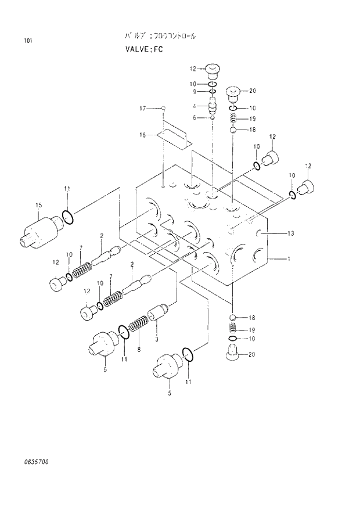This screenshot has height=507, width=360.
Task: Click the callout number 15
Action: pyautogui.click(x=38, y=205)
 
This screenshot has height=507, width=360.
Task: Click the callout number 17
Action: pyautogui.click(x=142, y=108)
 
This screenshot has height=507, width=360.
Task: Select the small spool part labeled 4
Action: pyautogui.click(x=213, y=106)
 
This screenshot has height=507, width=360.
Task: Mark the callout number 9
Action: pyautogui.click(x=196, y=91)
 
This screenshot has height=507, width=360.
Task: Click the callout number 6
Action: pyautogui.click(x=197, y=117)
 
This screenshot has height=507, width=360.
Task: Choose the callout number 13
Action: pyautogui.click(x=290, y=233)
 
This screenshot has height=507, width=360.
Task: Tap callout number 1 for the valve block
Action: pyautogui.click(x=289, y=259)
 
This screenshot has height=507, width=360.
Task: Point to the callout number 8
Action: pyautogui.click(x=138, y=350)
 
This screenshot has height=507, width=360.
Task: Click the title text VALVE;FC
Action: pyautogui.click(x=143, y=49)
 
